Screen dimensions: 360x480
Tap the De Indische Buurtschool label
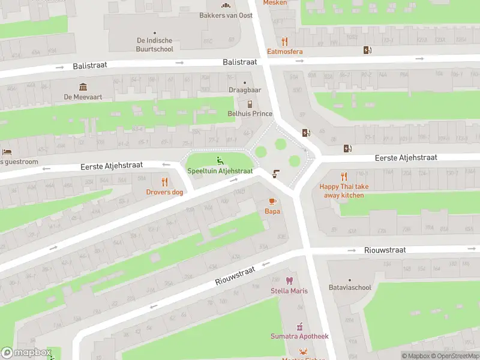(155, 45)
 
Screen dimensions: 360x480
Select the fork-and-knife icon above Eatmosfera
(285, 41)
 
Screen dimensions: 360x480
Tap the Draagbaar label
(245, 91)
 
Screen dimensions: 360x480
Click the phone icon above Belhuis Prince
(250, 104)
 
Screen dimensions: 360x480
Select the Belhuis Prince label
(250, 114)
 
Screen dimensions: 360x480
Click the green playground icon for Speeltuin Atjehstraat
(220, 160)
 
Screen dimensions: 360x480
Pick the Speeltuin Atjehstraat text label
(220, 171)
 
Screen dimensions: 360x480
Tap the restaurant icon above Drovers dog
(164, 182)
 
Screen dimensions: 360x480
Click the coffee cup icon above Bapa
(272, 201)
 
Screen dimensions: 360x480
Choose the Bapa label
(272, 211)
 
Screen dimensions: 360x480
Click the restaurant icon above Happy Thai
(344, 176)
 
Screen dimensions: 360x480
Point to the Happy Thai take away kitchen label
(344, 191)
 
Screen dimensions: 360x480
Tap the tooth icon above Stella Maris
(289, 280)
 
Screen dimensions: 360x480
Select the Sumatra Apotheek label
(299, 337)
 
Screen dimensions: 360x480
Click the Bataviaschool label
(350, 287)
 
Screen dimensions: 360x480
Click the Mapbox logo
(26, 353)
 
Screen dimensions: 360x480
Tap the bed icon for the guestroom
(7, 152)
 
